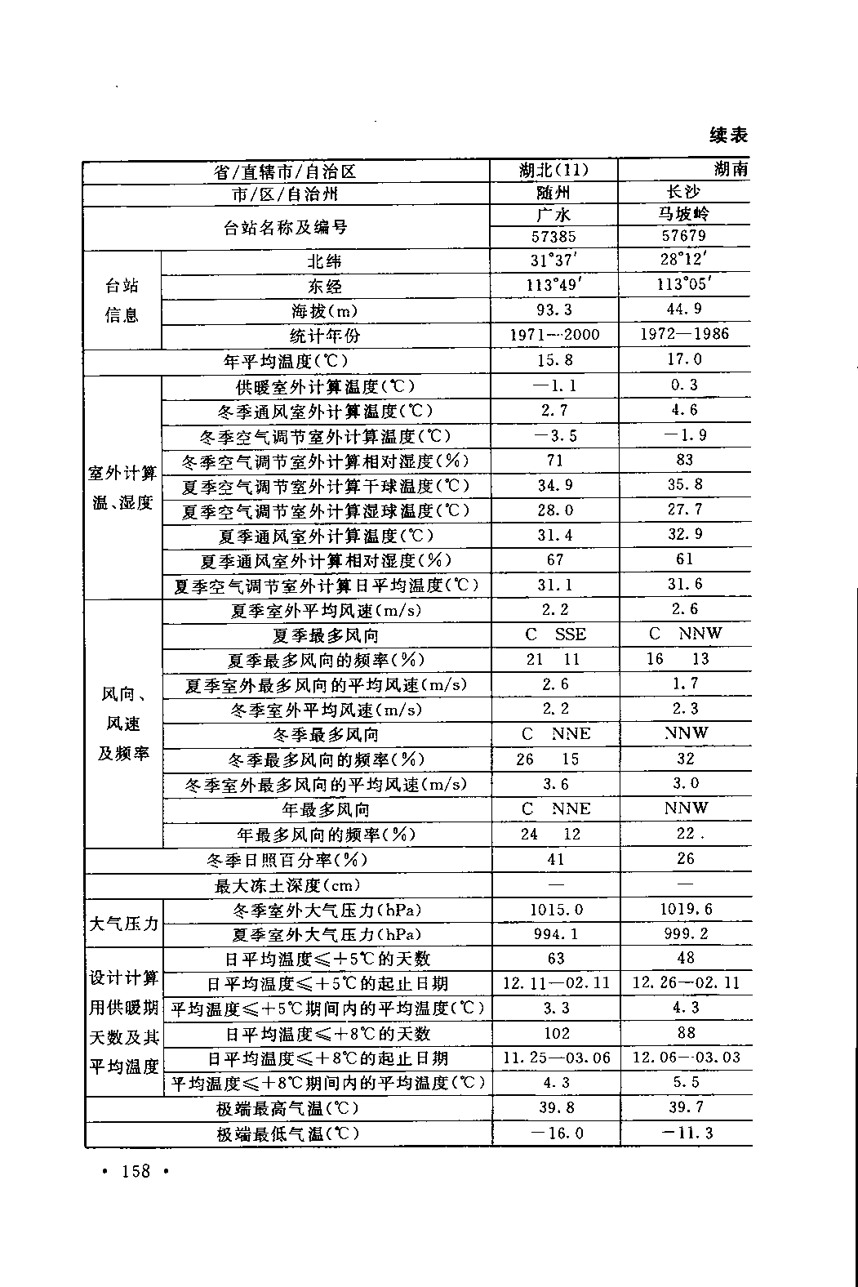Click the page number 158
(x=136, y=1171)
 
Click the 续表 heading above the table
(x=728, y=136)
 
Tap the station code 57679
(x=684, y=236)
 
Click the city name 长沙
(x=684, y=192)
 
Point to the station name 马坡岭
(x=684, y=214)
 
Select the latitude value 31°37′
(x=554, y=261)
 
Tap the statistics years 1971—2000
(x=554, y=335)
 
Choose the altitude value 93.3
(x=554, y=310)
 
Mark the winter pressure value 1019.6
(x=685, y=909)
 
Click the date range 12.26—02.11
(x=686, y=983)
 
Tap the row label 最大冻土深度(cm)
(x=287, y=885)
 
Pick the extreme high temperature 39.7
(x=686, y=1107)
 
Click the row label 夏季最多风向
(x=325, y=635)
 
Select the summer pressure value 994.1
(x=555, y=934)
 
